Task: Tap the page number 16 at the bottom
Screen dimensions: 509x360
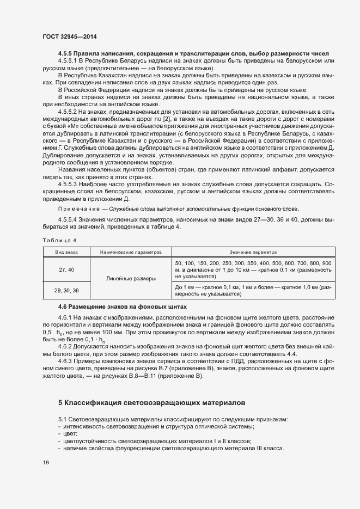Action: pyautogui.click(x=46, y=462)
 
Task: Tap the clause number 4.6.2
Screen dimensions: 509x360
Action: pyautogui.click(x=66, y=344)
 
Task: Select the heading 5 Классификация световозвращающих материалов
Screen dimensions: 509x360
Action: pyautogui.click(x=151, y=403)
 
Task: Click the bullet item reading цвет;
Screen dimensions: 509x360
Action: pyautogui.click(x=70, y=433)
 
